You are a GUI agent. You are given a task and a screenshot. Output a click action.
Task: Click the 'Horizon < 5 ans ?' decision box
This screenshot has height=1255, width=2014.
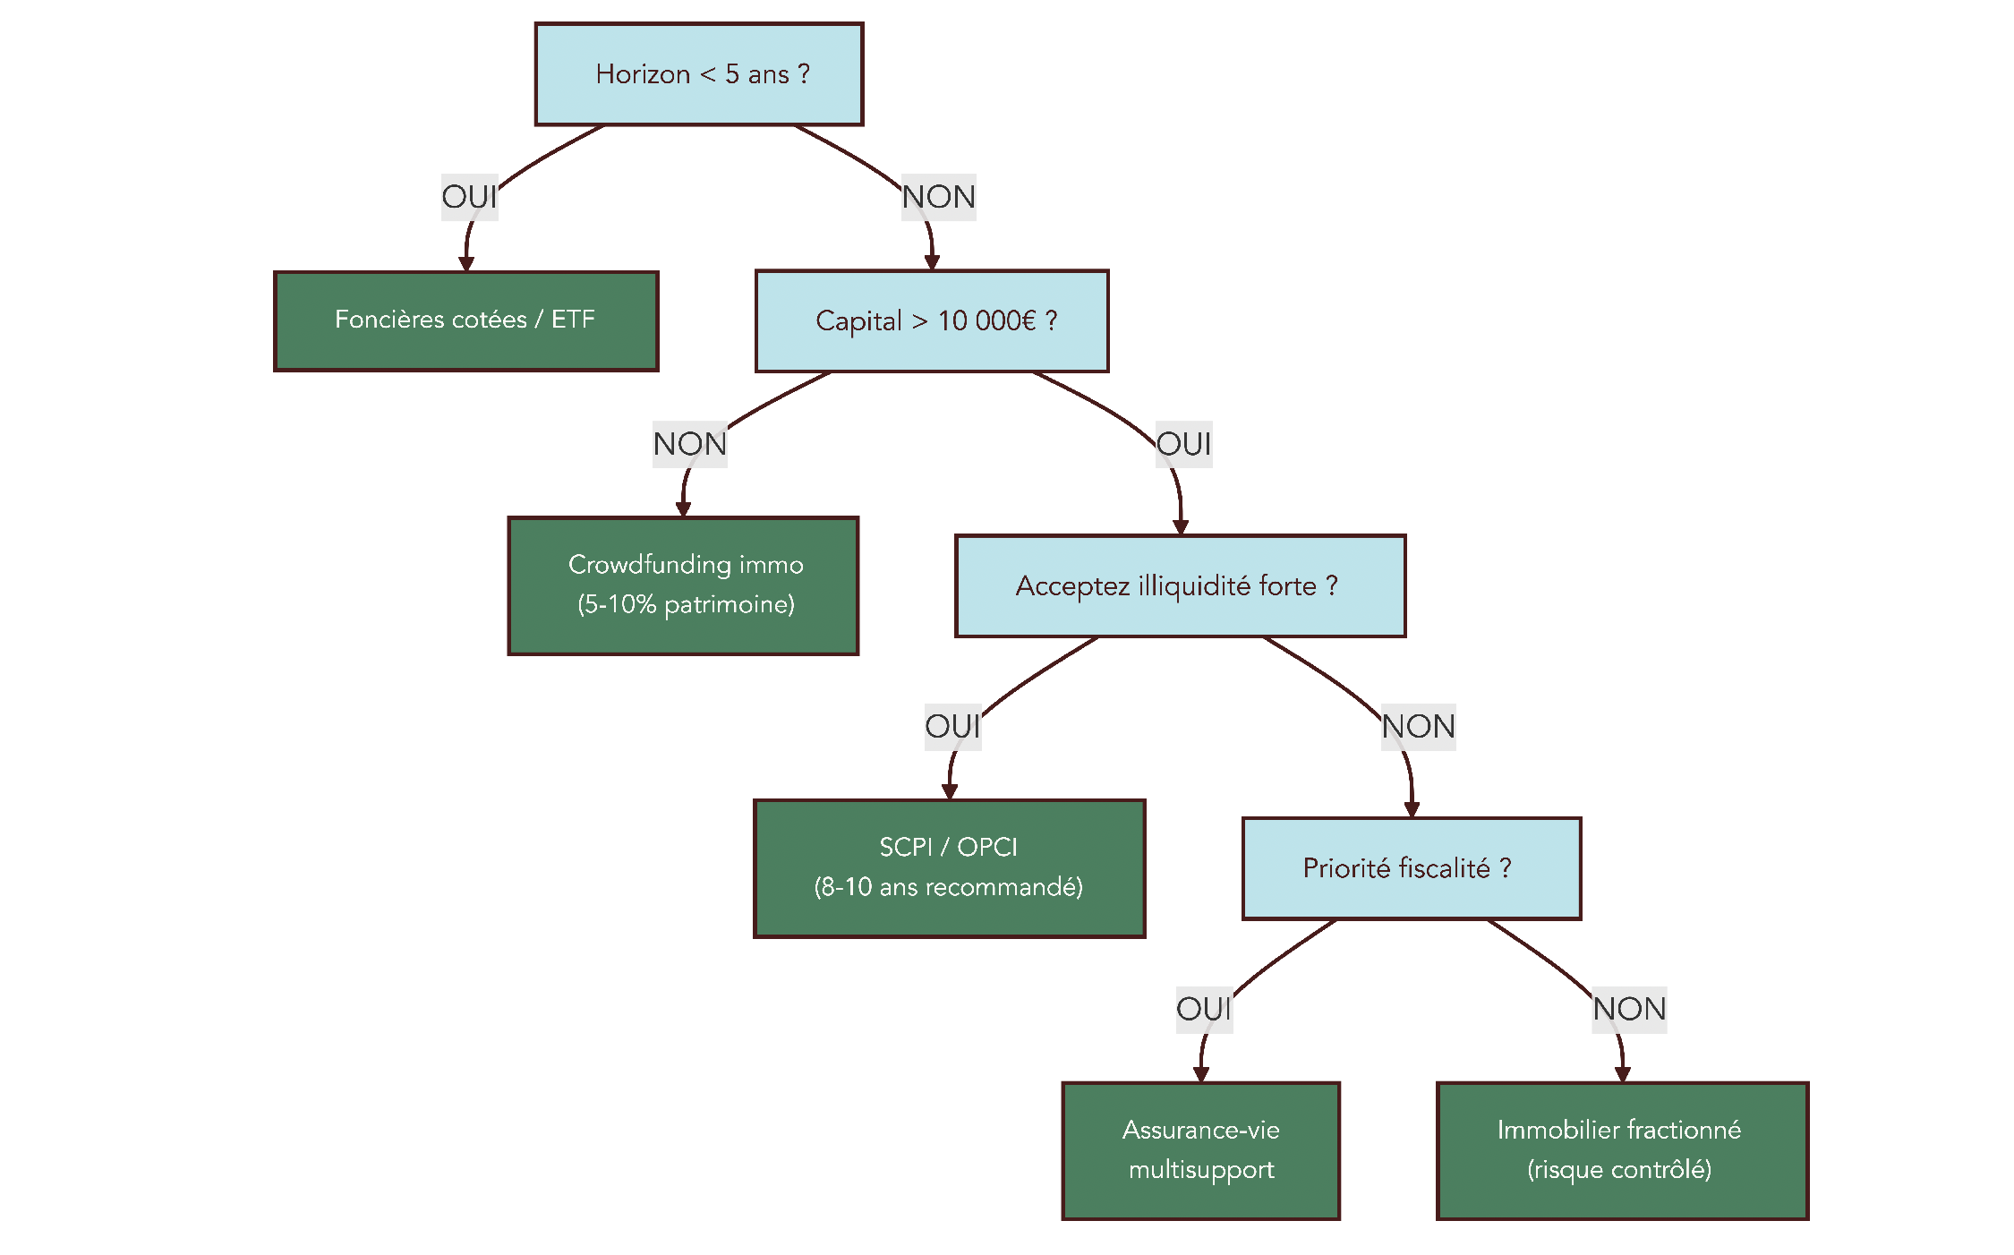(698, 74)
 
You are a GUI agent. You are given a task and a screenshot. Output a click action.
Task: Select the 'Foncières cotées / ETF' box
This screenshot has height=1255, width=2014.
(465, 320)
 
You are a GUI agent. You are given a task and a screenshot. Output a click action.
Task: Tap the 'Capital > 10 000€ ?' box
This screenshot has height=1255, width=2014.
(931, 320)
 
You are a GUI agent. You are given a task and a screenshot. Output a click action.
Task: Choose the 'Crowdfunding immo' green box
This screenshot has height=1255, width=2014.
(683, 585)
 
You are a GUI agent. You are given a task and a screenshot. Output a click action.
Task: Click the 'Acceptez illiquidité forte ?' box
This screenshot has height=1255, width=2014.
(1180, 585)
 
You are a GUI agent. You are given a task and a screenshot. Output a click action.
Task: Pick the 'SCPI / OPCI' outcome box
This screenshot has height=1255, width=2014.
(949, 867)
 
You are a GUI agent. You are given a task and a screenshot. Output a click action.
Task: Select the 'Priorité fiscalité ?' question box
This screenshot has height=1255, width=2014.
(1411, 867)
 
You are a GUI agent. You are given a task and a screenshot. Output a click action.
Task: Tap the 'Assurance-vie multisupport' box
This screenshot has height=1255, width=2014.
(1200, 1150)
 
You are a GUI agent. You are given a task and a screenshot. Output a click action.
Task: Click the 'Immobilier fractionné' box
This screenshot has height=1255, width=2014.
(1621, 1150)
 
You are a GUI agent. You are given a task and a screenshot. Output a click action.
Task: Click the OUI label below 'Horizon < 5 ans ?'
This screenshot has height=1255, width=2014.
(469, 197)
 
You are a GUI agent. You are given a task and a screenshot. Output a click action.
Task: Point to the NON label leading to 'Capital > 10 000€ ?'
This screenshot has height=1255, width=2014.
(938, 197)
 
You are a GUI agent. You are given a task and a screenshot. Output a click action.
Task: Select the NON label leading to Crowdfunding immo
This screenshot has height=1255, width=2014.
(689, 444)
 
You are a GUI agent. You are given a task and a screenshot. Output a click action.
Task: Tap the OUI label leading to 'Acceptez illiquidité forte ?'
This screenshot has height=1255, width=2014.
(1183, 444)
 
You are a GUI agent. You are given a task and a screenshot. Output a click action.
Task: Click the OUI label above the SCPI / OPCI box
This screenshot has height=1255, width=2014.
(952, 726)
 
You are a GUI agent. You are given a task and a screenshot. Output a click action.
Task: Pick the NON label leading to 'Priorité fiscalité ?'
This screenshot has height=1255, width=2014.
(1418, 726)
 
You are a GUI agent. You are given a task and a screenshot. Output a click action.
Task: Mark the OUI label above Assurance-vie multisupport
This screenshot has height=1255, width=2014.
(1204, 1009)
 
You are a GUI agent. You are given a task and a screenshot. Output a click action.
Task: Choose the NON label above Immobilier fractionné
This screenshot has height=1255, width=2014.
(1629, 1009)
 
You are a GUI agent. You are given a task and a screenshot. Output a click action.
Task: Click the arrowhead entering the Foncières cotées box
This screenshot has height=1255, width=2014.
(466, 264)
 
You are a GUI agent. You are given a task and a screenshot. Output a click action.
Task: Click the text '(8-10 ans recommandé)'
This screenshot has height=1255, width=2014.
(948, 887)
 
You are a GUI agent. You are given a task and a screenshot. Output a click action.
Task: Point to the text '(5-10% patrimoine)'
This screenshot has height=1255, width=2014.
(686, 604)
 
